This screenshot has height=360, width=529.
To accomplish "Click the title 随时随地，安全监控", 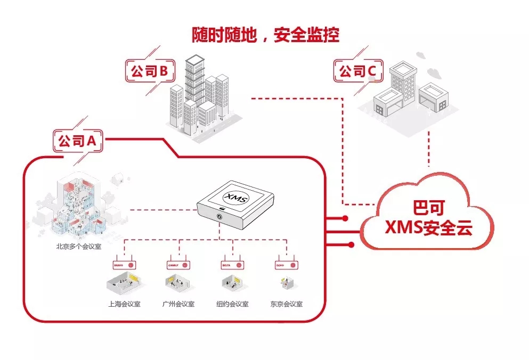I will [x=265, y=35].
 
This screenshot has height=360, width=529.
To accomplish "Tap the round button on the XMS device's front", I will [x=219, y=217].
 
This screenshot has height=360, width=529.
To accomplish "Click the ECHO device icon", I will [x=286, y=264].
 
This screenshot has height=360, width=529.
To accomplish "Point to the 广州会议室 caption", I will [x=178, y=305].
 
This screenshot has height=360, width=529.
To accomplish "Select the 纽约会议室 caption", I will [x=232, y=305].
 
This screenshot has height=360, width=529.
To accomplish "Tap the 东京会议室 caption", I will [x=286, y=305].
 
